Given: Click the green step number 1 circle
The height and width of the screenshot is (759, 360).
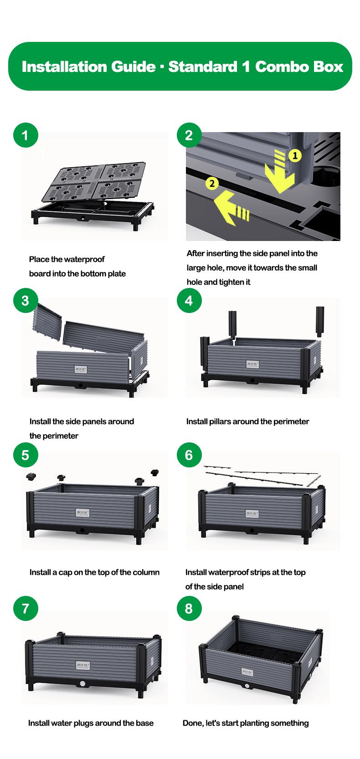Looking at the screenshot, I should click(x=25, y=135).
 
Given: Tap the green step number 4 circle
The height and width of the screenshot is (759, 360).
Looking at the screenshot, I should click(x=189, y=301).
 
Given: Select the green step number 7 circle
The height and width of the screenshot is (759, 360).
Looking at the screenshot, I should click(x=25, y=609).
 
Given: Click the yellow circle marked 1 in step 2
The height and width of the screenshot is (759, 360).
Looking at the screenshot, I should click(x=295, y=156).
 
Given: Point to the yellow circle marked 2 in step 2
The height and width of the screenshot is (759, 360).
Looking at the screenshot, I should click(x=211, y=184).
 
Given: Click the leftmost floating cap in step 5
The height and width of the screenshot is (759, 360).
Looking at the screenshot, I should click(x=31, y=477).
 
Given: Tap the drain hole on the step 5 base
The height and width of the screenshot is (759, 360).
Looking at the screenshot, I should click(x=82, y=530).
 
